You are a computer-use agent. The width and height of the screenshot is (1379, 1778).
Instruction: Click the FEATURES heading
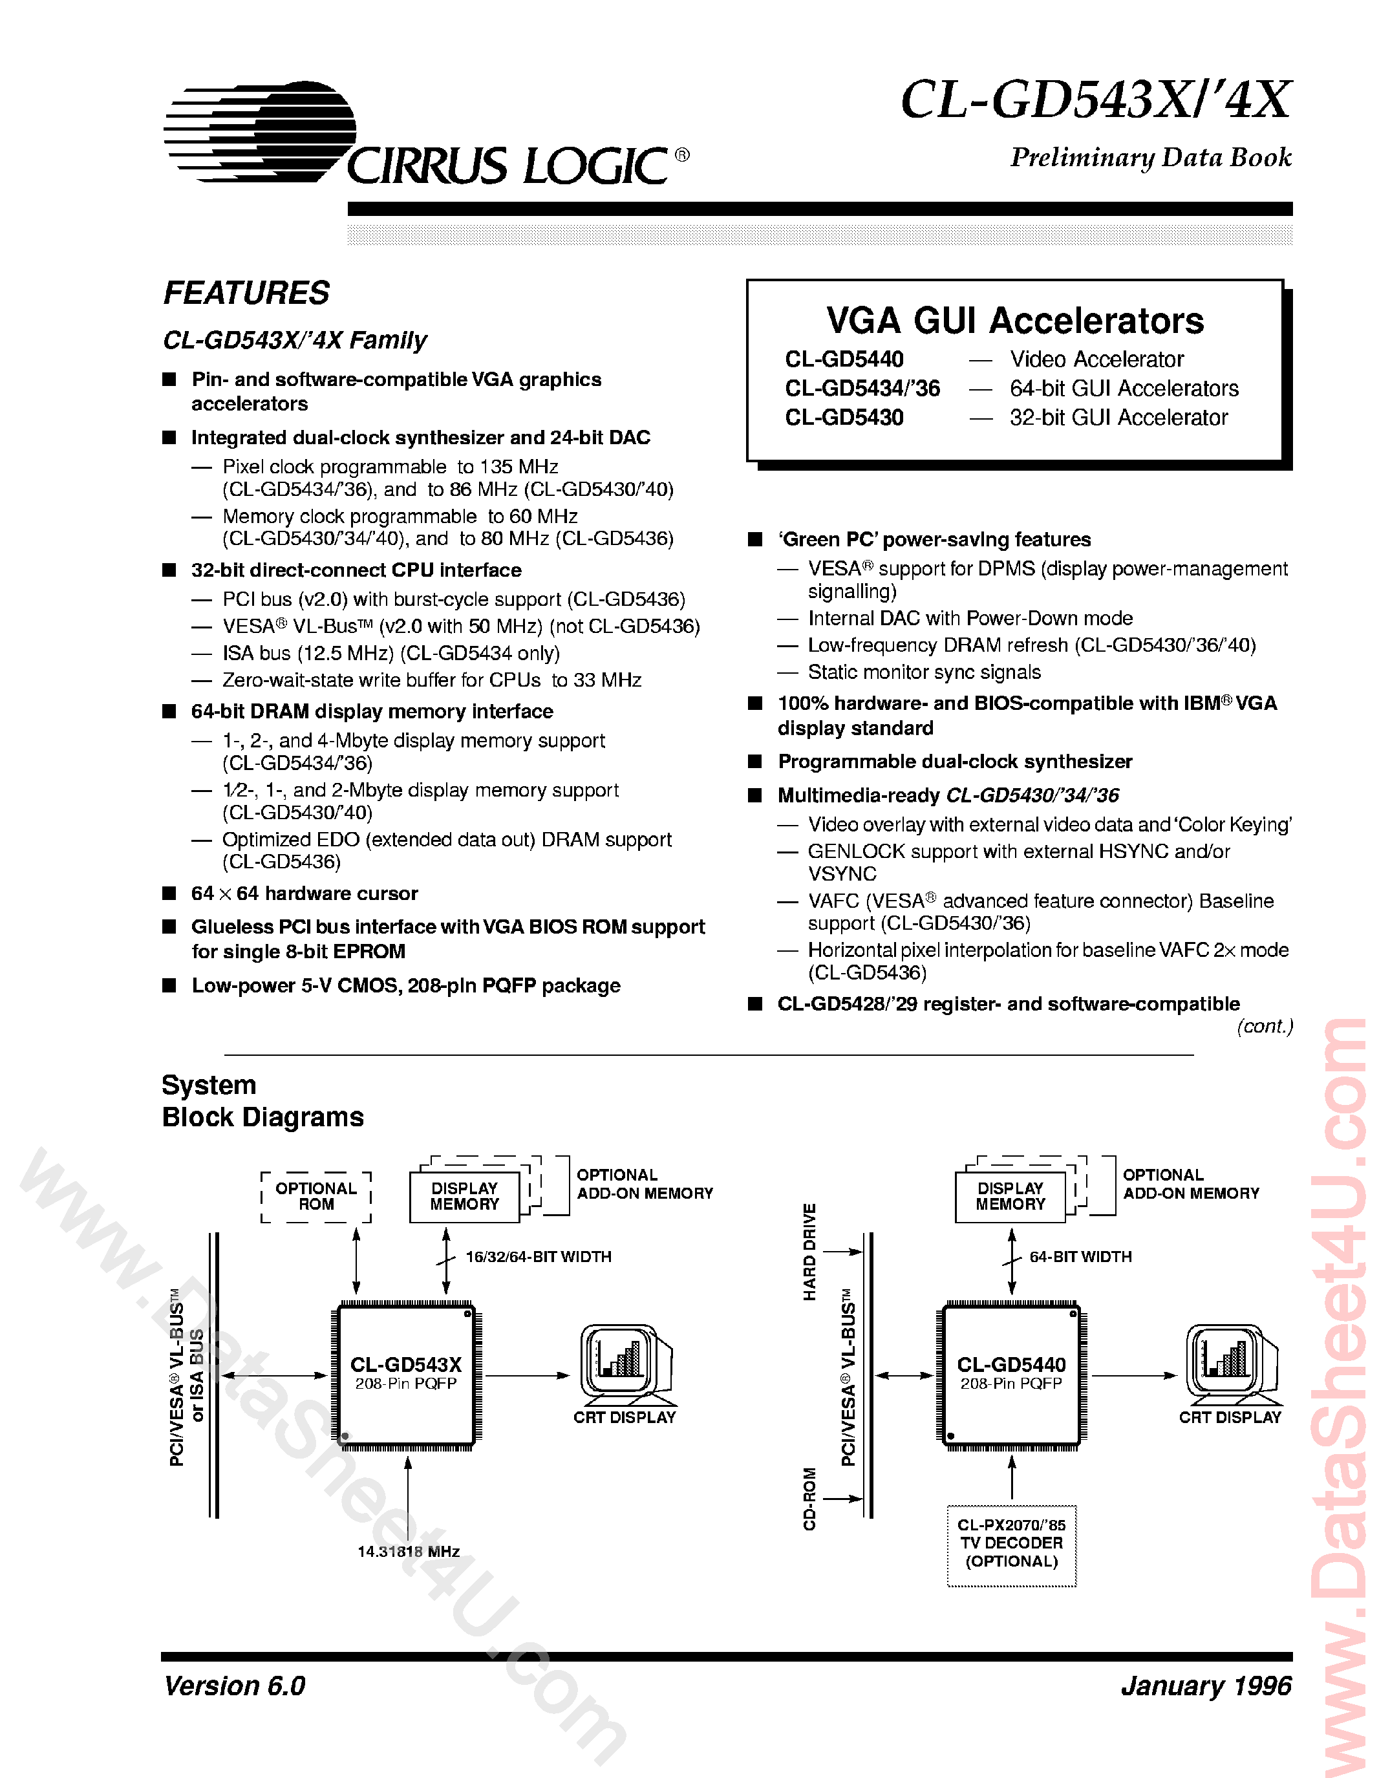[247, 293]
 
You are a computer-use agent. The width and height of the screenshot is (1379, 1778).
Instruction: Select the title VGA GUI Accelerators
[1014, 321]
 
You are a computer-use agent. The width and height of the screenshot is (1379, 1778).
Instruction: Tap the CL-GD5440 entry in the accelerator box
[844, 359]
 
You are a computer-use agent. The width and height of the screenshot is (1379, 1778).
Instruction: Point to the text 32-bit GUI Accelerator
[1118, 418]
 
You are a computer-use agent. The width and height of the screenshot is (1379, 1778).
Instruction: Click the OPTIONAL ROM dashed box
[316, 1197]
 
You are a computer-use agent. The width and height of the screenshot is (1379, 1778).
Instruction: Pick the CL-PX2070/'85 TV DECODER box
[1011, 1543]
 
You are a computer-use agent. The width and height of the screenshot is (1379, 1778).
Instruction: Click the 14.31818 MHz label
[409, 1552]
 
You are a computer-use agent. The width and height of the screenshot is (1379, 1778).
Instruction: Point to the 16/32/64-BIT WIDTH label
[538, 1257]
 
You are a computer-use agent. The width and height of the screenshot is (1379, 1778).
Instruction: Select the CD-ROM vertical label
[809, 1499]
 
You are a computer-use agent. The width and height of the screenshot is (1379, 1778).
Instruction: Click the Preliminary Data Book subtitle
[1150, 157]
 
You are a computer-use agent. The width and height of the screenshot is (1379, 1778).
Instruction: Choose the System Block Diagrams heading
[262, 1100]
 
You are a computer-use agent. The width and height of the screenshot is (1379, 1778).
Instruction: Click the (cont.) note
[1264, 1027]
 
